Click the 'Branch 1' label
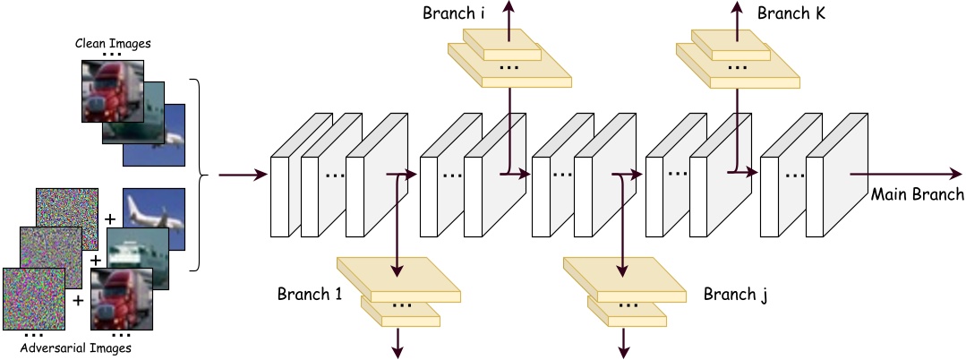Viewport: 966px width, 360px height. pyautogui.click(x=309, y=294)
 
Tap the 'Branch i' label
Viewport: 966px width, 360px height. pyautogui.click(x=454, y=14)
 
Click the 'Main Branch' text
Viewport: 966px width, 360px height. pyautogui.click(x=918, y=194)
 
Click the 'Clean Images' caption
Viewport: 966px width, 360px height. pyautogui.click(x=112, y=42)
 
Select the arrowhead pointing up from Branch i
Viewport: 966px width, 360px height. pyautogui.click(x=510, y=7)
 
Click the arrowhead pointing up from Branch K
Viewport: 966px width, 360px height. pyautogui.click(x=738, y=7)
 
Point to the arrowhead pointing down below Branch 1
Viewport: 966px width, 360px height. pyautogui.click(x=396, y=352)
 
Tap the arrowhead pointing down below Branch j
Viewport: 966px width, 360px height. pyautogui.click(x=623, y=352)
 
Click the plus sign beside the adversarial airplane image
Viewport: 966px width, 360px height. pyautogui.click(x=109, y=218)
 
